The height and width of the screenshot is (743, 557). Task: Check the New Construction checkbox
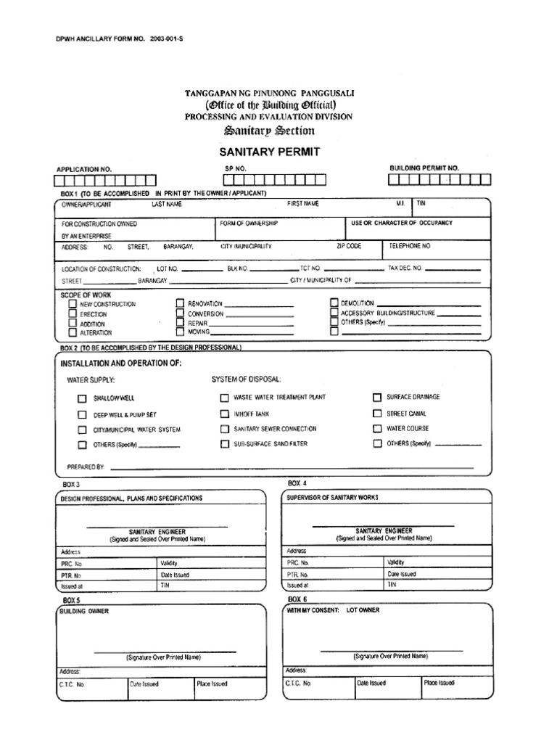tap(73, 304)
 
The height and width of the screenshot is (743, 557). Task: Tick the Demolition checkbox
tap(334, 302)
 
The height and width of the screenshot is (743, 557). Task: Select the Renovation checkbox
tap(180, 303)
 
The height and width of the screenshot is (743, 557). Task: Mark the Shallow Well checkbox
tap(82, 398)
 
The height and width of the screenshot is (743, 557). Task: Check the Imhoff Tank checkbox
tap(224, 414)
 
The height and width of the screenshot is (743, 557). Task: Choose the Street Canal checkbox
tap(377, 413)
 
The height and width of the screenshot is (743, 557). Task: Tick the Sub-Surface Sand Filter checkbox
tap(224, 443)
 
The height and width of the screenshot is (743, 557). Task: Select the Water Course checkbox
tap(377, 428)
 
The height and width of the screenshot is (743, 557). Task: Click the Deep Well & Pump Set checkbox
tap(82, 414)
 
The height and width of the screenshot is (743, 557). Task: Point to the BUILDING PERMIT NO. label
tap(424, 168)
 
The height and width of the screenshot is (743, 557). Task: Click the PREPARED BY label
tap(86, 468)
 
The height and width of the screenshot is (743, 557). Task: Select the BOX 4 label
tap(297, 483)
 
